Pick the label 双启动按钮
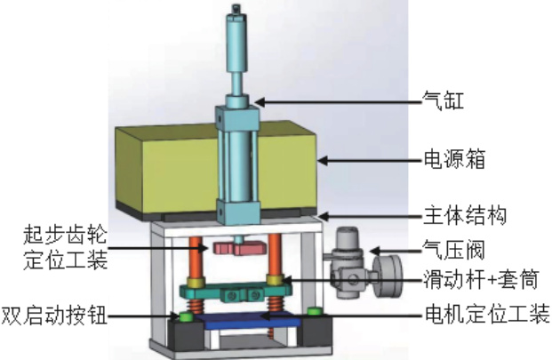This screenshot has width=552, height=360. pyautogui.click(x=54, y=315)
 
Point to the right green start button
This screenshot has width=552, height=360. pyautogui.click(x=314, y=311)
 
